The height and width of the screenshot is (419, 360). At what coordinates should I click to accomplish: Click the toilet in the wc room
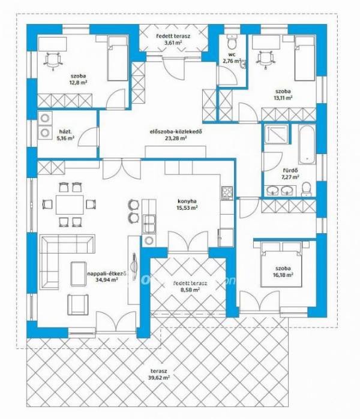[x=232, y=42]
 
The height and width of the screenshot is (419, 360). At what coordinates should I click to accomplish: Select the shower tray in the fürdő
[x=277, y=134]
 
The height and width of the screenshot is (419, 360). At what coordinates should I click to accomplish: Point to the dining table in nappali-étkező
[x=70, y=204]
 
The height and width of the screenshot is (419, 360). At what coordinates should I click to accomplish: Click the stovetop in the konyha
[x=227, y=193]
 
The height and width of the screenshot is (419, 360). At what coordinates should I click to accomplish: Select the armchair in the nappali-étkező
[x=77, y=305]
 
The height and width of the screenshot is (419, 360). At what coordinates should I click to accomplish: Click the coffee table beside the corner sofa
[x=78, y=274]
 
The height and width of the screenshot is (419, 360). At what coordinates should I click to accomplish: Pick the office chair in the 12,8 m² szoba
[x=53, y=61]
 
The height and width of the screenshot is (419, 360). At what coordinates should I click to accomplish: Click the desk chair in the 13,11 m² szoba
[x=265, y=60]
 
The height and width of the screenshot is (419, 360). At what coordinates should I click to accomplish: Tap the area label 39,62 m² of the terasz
[x=159, y=378]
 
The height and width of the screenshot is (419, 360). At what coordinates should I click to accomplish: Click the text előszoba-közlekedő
[x=175, y=131]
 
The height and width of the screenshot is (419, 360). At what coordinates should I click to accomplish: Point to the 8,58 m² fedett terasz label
[x=190, y=289]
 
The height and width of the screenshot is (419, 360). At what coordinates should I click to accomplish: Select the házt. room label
[x=65, y=131]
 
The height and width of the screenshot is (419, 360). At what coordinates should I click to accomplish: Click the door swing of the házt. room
[x=88, y=137]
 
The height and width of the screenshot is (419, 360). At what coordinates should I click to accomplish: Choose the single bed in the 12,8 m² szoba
[x=118, y=59]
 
